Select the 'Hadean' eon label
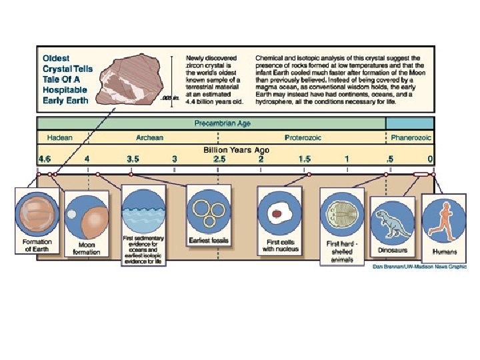tap(59, 137)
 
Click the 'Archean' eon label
tap(149, 137)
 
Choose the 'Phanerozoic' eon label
tap(411, 137)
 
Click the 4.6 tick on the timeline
tap(45, 159)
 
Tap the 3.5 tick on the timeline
tap(133, 159)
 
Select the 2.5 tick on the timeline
tap(219, 159)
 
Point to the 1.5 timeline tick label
tap(305, 159)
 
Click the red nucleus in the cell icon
tap(277, 215)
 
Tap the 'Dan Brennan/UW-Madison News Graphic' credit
tap(419, 267)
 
